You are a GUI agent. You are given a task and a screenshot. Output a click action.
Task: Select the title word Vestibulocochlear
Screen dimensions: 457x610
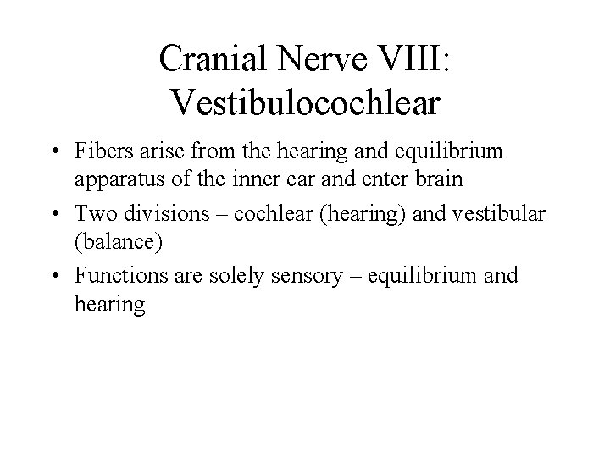click(x=305, y=101)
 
